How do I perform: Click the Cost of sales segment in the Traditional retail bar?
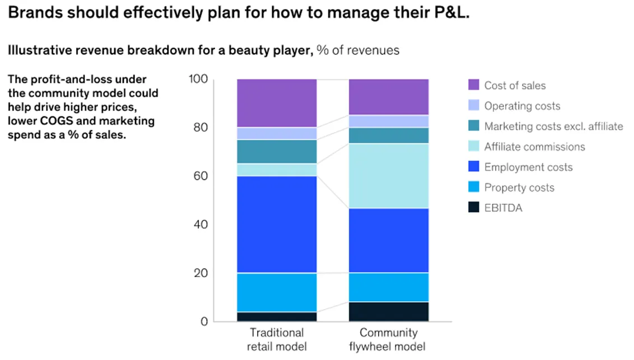click(276, 103)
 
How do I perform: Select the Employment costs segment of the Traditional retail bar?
click(276, 224)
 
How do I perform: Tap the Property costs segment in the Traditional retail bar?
click(276, 292)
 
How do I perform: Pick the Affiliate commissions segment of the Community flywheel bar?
click(388, 176)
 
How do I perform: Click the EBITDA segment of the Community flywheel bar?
click(388, 311)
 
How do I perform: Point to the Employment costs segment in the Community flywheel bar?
click(388, 240)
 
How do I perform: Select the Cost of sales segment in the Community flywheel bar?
click(388, 97)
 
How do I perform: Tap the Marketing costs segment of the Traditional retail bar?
click(276, 151)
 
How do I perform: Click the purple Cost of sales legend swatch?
click(473, 85)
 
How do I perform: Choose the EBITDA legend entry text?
click(503, 208)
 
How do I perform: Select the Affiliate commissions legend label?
click(534, 147)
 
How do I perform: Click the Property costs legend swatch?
click(473, 188)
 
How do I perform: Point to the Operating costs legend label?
click(522, 106)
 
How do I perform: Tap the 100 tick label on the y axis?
click(198, 80)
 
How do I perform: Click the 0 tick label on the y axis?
click(204, 321)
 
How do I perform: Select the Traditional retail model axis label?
click(277, 339)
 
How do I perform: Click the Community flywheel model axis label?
click(389, 339)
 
